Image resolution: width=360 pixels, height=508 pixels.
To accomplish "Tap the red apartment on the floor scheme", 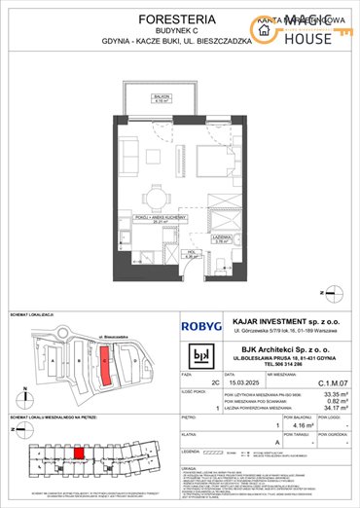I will (79, 452).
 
